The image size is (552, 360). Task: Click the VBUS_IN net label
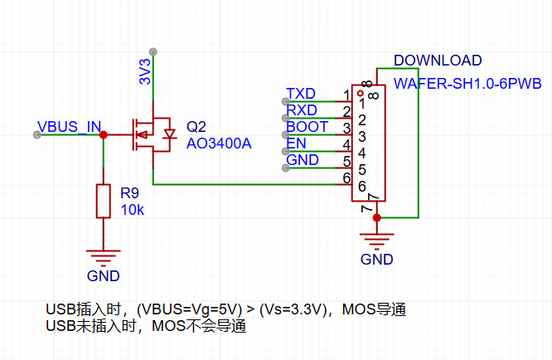pyautogui.click(x=69, y=127)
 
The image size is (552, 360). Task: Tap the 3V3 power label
pyautogui.click(x=145, y=71)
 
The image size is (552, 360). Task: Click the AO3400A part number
pyautogui.click(x=218, y=144)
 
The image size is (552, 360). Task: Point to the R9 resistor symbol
pyautogui.click(x=103, y=201)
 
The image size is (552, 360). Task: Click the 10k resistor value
pyautogui.click(x=133, y=210)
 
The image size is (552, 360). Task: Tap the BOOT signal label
pyautogui.click(x=307, y=127)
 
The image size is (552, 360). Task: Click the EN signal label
pyautogui.click(x=296, y=144)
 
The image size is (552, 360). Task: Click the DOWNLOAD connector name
pyautogui.click(x=438, y=61)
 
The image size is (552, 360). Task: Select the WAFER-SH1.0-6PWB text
pyautogui.click(x=467, y=84)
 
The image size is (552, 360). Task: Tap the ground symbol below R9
pyautogui.click(x=103, y=256)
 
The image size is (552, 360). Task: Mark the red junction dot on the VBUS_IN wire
pyautogui.click(x=103, y=134)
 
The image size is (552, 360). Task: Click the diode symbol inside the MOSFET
pyautogui.click(x=170, y=134)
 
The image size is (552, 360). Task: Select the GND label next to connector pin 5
pyautogui.click(x=303, y=160)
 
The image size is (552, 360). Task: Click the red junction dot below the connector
pyautogui.click(x=377, y=217)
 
